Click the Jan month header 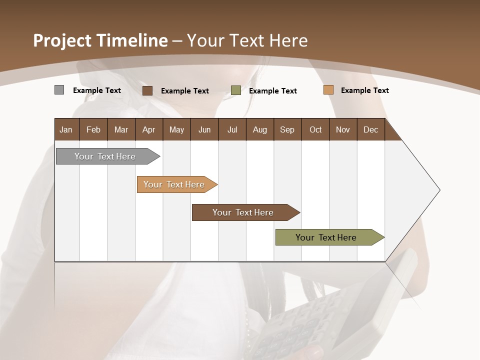click(66, 129)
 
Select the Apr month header click(148, 129)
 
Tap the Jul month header click(232, 129)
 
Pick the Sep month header click(287, 129)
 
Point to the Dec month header click(370, 129)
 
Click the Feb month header click(93, 129)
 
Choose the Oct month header click(315, 129)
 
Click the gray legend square click(59, 90)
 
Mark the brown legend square click(147, 90)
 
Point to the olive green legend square click(236, 90)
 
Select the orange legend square click(328, 90)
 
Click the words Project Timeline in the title click(100, 40)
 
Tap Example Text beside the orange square click(364, 90)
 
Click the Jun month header click(204, 129)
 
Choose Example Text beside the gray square click(97, 90)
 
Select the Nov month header click(343, 129)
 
